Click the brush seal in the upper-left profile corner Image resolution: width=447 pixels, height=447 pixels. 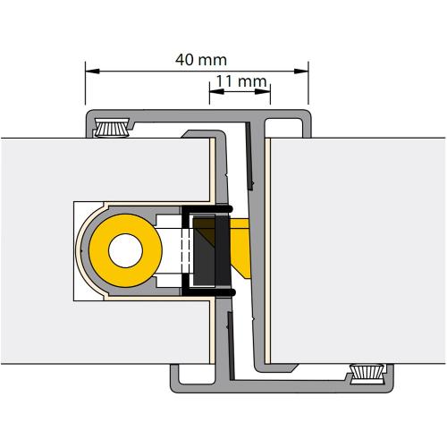click(111, 125)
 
